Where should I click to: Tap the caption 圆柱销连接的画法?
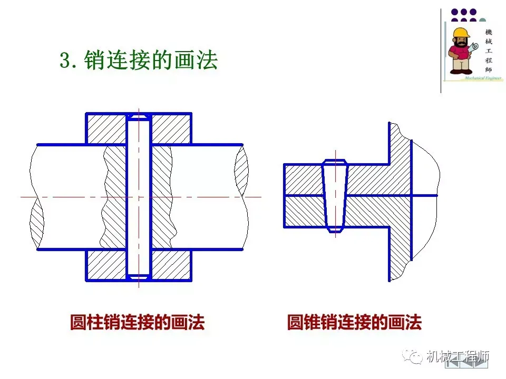coord(137,322)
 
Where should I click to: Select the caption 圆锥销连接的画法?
coord(354,322)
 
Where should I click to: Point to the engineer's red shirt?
coord(460,52)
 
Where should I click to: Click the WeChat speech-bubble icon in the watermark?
coord(414,356)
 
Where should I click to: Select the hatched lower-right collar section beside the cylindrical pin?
coord(171,265)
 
